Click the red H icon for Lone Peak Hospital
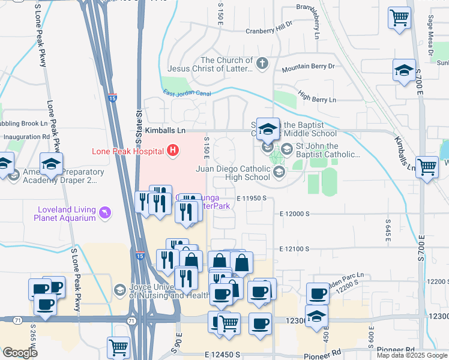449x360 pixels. [173, 150]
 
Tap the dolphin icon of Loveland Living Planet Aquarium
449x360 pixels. [106, 214]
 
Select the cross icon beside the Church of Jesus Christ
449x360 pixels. [262, 62]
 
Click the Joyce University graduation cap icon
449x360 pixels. [120, 290]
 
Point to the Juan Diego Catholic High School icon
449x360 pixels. [279, 173]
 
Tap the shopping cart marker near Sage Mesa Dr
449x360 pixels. [399, 17]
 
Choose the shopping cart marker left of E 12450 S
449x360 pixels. [118, 347]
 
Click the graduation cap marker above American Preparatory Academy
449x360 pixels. [52, 163]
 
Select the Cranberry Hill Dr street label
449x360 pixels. [268, 31]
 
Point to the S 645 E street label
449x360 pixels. [388, 230]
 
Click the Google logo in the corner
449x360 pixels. [20, 353]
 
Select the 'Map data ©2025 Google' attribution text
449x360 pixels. [411, 355]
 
